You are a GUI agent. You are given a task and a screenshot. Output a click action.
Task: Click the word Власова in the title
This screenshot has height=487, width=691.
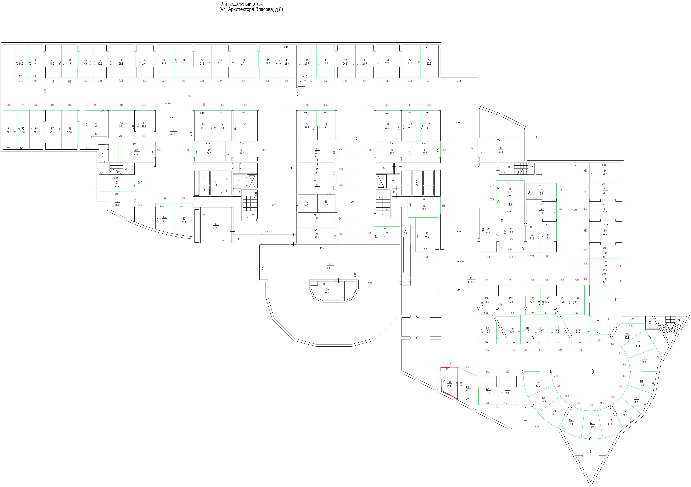pyautogui.click(x=264, y=9)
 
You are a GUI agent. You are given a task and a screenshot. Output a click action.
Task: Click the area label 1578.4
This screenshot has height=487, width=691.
pyautogui.click(x=470, y=282)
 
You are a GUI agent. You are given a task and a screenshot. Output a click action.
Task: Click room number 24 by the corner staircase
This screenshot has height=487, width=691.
pyautogui.click(x=679, y=320)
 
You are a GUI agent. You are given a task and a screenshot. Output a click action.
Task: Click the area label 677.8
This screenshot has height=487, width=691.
pyautogui.click(x=172, y=134)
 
